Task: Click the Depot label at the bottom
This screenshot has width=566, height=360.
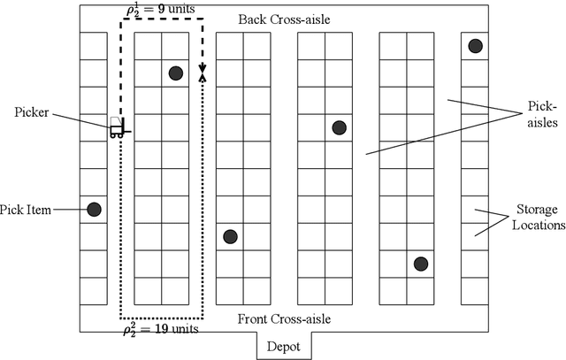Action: tap(285, 347)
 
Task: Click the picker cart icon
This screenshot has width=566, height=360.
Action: tap(117, 128)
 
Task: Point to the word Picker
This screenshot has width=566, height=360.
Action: tap(31, 112)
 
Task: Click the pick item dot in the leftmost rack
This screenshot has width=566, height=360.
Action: tap(94, 210)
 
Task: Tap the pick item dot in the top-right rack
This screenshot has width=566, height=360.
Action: tap(475, 46)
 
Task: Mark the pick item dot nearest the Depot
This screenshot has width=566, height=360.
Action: tap(230, 236)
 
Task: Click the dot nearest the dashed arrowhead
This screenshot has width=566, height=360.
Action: tap(175, 73)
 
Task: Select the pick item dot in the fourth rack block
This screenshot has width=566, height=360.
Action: tap(339, 127)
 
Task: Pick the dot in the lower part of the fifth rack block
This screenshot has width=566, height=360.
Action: tap(421, 264)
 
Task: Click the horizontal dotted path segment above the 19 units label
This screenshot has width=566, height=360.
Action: tap(161, 317)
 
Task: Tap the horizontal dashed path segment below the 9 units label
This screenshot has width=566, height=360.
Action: tap(161, 19)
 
